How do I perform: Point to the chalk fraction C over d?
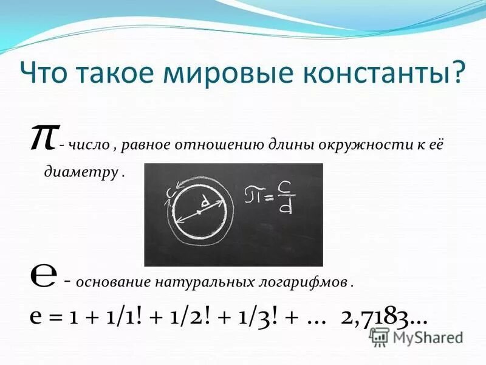tap(282, 198)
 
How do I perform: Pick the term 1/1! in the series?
tap(120, 318)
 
